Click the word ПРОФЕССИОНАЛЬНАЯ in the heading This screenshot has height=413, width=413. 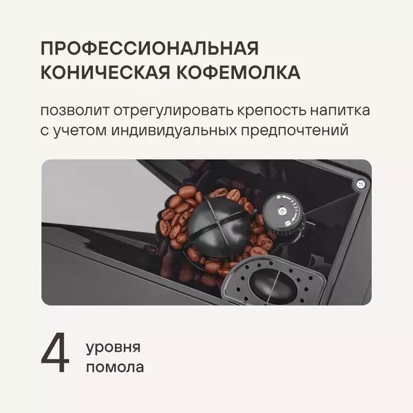pos(149,48)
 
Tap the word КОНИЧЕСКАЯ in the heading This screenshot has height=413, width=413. pos(105,72)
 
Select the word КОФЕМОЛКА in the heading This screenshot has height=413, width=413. pos(238,72)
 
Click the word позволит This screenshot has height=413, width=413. pos(74,110)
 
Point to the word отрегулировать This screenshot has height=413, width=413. pos(173,111)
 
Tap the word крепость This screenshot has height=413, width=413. pos(272,111)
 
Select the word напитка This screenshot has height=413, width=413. pos(340,110)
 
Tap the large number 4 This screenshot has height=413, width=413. pos(55,352)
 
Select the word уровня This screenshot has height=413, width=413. pos(114,348)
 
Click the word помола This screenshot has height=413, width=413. pos(115,368)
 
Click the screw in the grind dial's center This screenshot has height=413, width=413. pos(283,211)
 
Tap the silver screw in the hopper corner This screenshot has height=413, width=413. pos(360,183)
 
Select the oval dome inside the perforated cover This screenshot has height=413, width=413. pos(273,286)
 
